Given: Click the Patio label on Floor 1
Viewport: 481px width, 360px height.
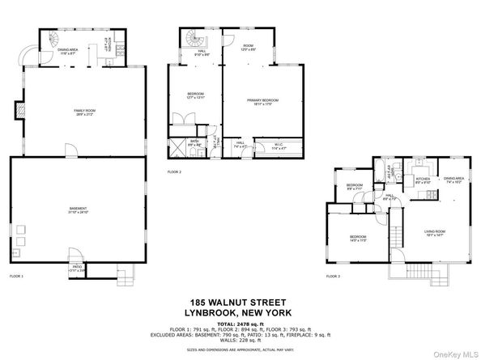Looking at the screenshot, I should (x=77, y=266).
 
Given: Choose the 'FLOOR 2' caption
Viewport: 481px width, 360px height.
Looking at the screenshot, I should (x=174, y=172).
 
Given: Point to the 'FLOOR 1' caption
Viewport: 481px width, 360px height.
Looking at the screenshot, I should (x=16, y=277).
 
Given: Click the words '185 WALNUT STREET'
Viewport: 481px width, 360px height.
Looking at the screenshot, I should (x=240, y=301).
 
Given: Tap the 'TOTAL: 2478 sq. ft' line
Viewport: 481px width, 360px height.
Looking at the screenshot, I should (x=240, y=321).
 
